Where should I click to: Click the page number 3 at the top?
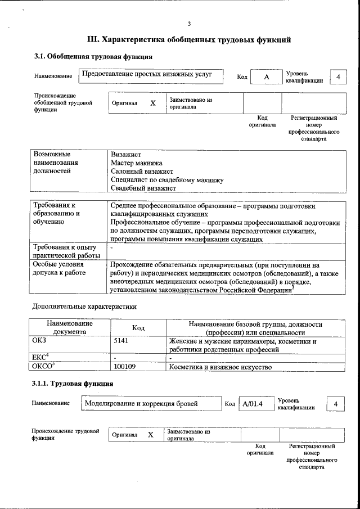point(189,23)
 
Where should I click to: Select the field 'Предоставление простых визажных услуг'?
point(150,75)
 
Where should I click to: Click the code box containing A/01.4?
point(251,404)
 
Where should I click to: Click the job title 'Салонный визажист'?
point(142,171)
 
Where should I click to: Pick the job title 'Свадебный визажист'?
point(143,188)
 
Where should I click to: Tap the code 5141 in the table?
point(121,341)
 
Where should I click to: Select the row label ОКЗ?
point(39,341)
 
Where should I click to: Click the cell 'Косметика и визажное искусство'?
point(220,367)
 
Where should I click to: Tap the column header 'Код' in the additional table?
point(138,328)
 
